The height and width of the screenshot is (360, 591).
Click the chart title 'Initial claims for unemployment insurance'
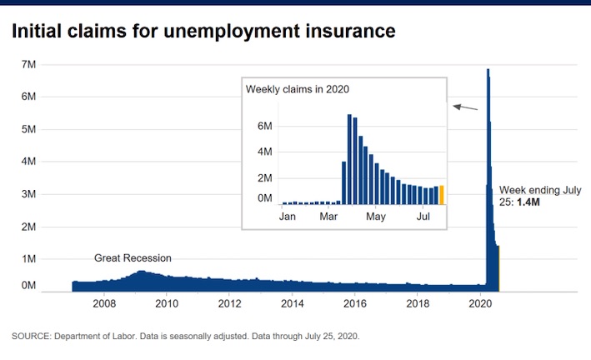(x=203, y=31)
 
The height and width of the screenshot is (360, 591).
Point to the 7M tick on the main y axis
(x=28, y=64)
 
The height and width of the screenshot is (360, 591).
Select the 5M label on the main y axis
(x=28, y=129)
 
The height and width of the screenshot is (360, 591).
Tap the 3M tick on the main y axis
(x=28, y=194)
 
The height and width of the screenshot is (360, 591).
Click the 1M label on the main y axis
(x=28, y=259)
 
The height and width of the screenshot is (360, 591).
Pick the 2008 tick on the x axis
(x=104, y=302)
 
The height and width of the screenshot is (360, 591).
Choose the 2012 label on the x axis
(x=229, y=302)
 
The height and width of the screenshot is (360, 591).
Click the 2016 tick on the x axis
(x=355, y=302)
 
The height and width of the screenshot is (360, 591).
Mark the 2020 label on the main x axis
(x=481, y=302)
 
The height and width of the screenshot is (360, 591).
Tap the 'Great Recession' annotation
(x=133, y=258)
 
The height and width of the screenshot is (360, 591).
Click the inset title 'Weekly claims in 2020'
(x=297, y=89)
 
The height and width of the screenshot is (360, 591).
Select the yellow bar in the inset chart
(x=442, y=194)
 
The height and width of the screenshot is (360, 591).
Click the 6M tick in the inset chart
(x=265, y=126)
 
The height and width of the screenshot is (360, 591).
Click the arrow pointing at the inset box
(x=465, y=107)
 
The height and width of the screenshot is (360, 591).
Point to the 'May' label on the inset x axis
(x=377, y=217)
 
